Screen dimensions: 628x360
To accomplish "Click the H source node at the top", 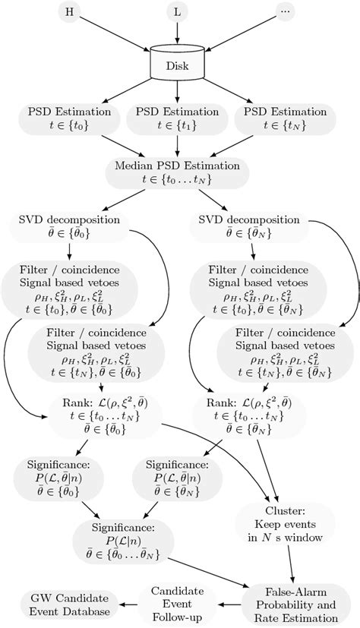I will [x=71, y=14].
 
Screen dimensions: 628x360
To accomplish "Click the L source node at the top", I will [x=176, y=14].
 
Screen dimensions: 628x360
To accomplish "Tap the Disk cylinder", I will [x=176, y=62].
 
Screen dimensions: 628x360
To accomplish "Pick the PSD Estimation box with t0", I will [x=71, y=120].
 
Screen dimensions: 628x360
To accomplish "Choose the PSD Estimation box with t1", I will [x=176, y=120].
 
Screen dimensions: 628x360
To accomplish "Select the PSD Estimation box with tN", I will [x=283, y=120].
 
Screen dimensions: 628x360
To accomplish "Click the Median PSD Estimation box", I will [x=176, y=172].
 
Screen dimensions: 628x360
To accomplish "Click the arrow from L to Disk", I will [x=176, y=33].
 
